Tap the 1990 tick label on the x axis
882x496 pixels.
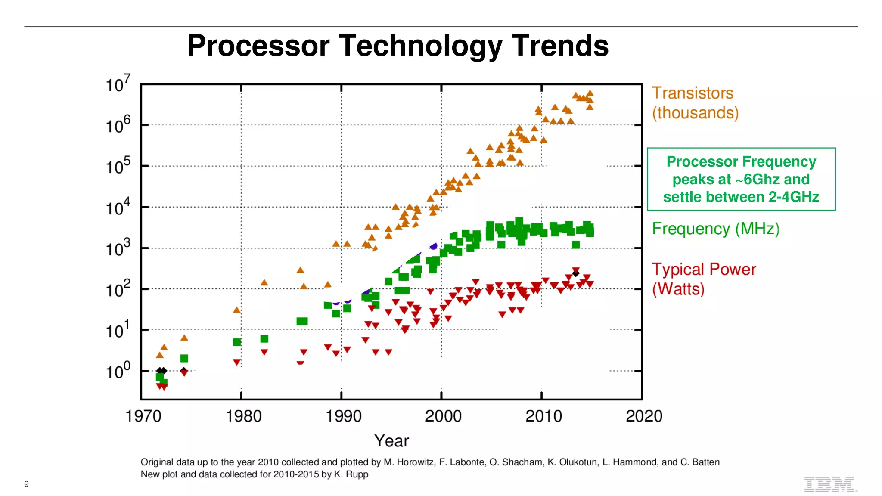(343, 416)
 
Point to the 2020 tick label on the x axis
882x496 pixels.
(644, 416)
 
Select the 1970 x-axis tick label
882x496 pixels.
(143, 416)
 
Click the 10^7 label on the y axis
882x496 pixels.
(118, 84)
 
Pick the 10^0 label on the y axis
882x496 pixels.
(118, 371)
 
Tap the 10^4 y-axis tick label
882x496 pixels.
(118, 207)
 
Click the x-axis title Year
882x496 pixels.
(391, 441)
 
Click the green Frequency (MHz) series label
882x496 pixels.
(715, 229)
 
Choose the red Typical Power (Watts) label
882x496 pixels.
(703, 279)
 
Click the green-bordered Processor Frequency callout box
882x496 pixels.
(741, 179)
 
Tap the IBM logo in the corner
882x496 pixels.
(830, 484)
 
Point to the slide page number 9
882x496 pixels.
(26, 484)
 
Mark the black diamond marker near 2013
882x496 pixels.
(576, 273)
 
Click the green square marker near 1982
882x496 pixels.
(264, 339)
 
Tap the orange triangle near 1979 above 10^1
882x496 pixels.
(236, 310)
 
